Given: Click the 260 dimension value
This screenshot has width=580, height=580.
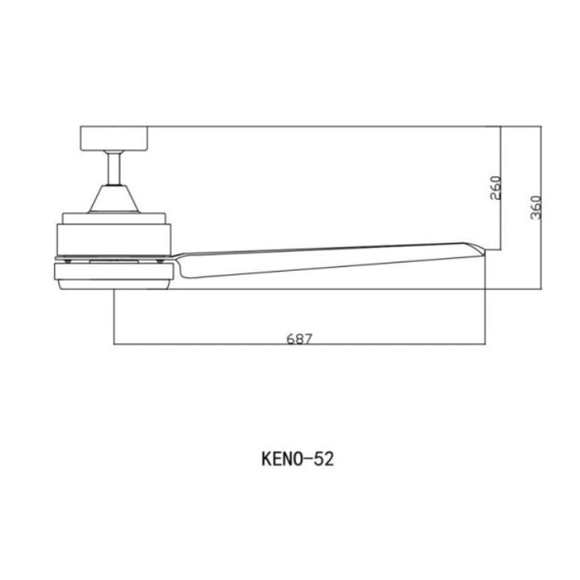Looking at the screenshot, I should click(495, 187).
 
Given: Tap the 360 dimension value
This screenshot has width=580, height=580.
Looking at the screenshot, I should click(536, 208).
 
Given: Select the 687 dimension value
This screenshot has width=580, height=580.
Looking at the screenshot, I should click(300, 338).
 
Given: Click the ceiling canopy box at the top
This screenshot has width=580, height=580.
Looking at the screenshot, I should click(117, 138).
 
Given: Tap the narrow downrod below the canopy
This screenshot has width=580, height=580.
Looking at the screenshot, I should click(114, 168).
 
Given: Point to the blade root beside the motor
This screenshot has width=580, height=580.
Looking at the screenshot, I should click(183, 263).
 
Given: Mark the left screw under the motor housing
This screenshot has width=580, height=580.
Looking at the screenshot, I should click(69, 259).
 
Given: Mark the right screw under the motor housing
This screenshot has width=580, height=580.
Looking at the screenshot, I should click(159, 259).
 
